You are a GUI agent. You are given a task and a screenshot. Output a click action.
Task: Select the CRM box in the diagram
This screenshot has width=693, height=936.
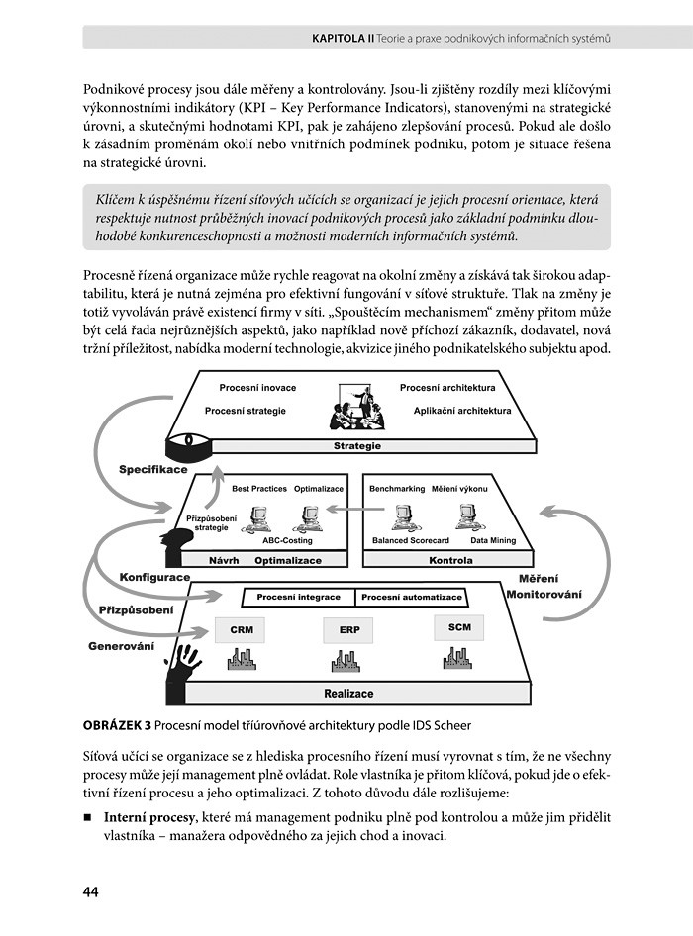coord(241,629)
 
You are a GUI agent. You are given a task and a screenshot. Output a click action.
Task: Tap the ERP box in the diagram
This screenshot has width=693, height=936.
coord(348,630)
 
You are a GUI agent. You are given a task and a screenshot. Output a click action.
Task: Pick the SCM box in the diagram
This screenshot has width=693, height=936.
coord(459,626)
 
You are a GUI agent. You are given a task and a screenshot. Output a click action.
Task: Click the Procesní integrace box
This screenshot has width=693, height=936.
coord(298,598)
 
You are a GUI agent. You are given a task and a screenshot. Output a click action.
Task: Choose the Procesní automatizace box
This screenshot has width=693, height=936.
coord(412,598)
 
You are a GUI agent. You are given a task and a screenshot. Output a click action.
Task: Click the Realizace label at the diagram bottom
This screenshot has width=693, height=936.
coord(348,694)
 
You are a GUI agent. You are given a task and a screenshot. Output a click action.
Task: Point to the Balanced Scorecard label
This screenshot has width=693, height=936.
coord(410,541)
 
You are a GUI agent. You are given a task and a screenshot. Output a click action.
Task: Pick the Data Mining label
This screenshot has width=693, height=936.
coord(492,541)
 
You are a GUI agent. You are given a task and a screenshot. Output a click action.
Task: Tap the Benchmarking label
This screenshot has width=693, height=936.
coord(396,489)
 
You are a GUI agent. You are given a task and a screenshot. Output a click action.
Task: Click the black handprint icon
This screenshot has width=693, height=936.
coord(185,664)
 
